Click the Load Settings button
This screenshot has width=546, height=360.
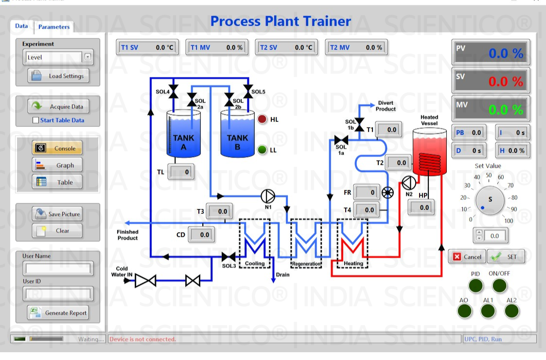click(58, 76)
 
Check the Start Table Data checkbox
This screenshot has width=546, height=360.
click(35, 120)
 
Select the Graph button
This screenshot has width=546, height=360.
click(57, 165)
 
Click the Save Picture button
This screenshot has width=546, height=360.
click(57, 214)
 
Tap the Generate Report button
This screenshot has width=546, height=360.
click(58, 313)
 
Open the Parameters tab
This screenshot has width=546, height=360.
click(54, 27)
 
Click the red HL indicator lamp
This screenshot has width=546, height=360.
click(263, 119)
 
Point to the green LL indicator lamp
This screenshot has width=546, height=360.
click(263, 150)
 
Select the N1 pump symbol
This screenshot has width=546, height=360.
click(267, 196)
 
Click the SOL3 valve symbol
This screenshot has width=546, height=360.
click(229, 256)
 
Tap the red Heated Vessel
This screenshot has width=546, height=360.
click(429, 152)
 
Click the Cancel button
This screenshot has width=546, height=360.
click(467, 257)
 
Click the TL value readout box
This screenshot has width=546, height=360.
click(180, 172)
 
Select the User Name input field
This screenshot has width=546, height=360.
click(58, 268)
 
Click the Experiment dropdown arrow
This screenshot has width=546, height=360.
click(88, 57)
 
